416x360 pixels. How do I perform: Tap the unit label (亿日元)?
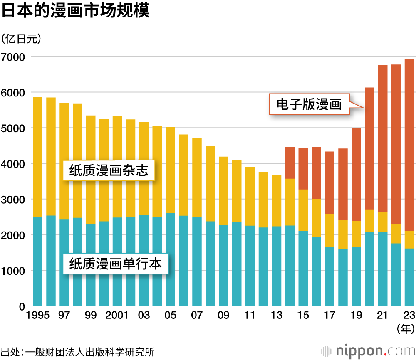point(21,39)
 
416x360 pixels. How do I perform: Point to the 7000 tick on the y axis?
point(14,57)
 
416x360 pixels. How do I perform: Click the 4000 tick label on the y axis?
point(14,164)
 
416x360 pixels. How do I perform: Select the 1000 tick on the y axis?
point(14,271)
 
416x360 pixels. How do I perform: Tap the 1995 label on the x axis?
point(37,316)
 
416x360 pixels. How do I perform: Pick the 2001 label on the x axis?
point(117,316)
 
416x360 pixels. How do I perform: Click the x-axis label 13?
point(277,316)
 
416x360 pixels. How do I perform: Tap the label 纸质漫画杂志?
point(109,170)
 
